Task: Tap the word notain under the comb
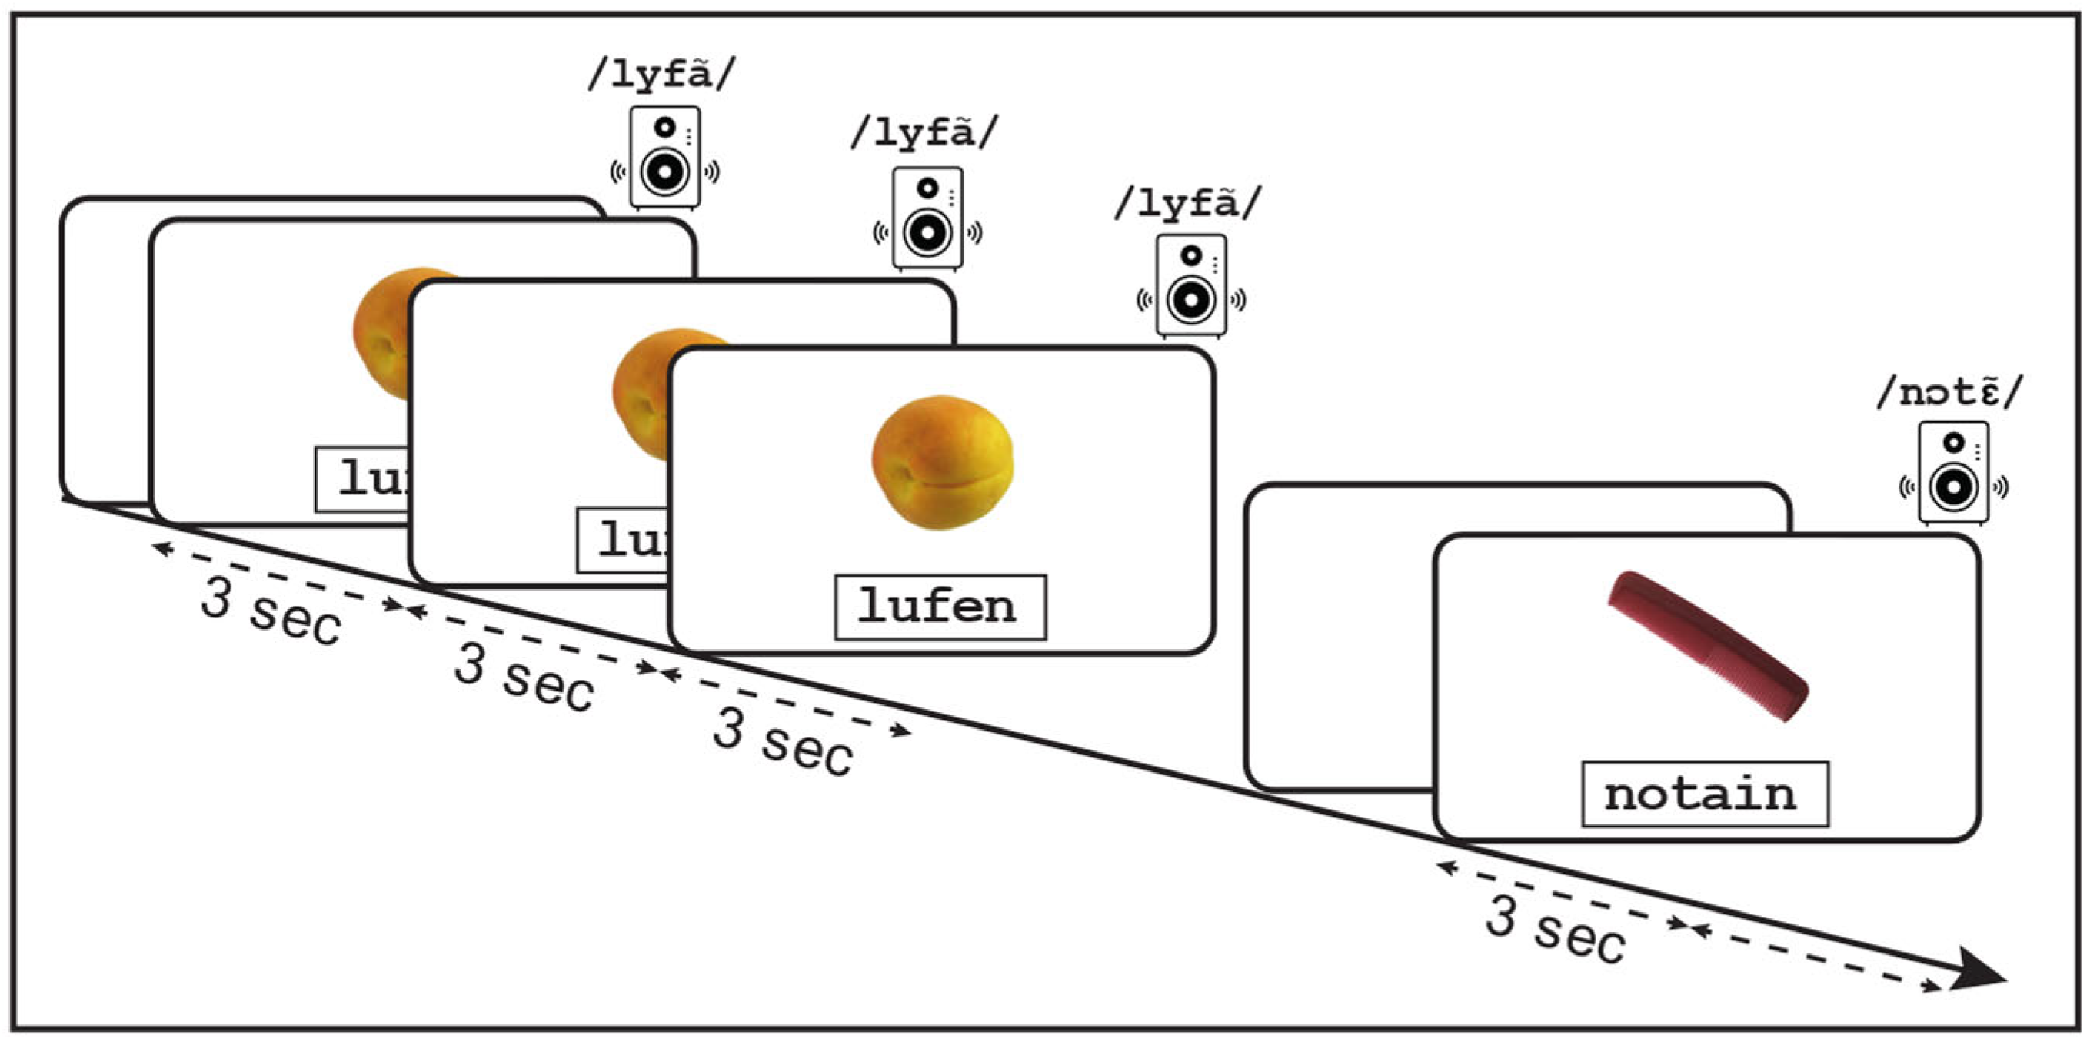coord(1705,794)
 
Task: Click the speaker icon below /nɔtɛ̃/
coord(1953,472)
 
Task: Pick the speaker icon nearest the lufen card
coord(1191,285)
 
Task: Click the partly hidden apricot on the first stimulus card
coord(384,332)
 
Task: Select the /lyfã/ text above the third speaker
coord(1188,202)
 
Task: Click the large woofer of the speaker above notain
coord(1953,488)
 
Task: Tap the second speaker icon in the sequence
coord(927,218)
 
